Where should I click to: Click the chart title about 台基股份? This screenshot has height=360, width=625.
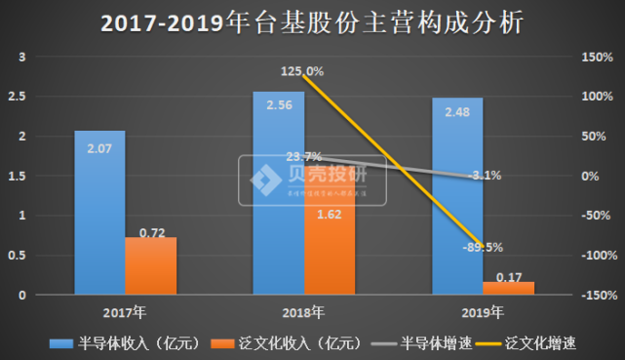click(x=312, y=22)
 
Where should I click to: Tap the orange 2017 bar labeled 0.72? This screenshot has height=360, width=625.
click(x=150, y=265)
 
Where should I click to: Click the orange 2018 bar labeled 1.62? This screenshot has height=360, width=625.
click(x=330, y=244)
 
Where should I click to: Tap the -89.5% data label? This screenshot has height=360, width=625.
click(x=482, y=247)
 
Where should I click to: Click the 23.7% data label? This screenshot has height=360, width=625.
click(x=304, y=156)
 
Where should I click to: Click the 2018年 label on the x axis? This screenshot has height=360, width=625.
click(x=303, y=313)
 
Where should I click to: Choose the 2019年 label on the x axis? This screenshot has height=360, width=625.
click(x=483, y=313)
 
